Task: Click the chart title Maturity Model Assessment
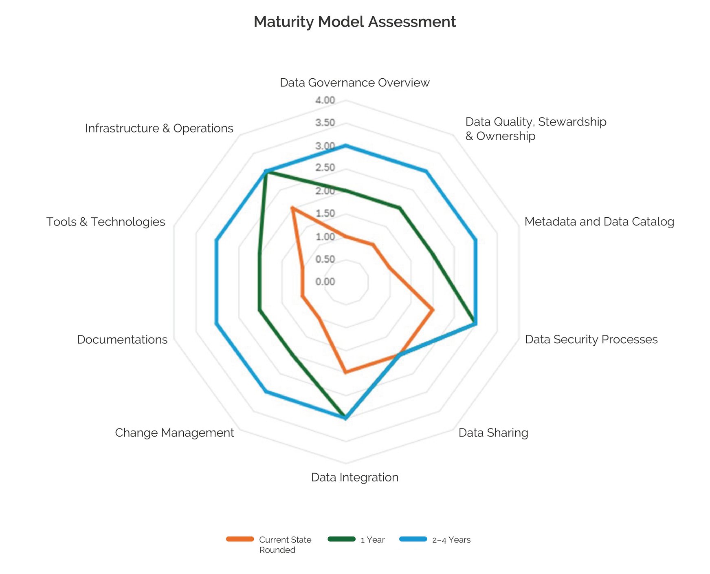[x=354, y=22]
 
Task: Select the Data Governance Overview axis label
[x=354, y=83]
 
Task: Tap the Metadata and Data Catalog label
[x=599, y=222]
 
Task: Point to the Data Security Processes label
[x=591, y=340]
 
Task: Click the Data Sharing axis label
[x=493, y=433]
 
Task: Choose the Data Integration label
[x=354, y=477]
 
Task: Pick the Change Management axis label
[x=174, y=433]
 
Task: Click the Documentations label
[x=122, y=340]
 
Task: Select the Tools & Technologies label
[x=106, y=222]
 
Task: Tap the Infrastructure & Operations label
[x=159, y=128]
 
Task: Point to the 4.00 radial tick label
[x=325, y=100]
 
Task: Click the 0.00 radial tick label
[x=325, y=282]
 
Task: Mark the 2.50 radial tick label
[x=325, y=168]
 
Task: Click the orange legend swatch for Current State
[x=240, y=539]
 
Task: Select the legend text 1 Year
[x=372, y=540]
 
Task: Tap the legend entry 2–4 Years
[x=451, y=540]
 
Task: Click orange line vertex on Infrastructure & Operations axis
[x=292, y=208]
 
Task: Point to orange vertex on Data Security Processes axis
[x=433, y=310]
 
